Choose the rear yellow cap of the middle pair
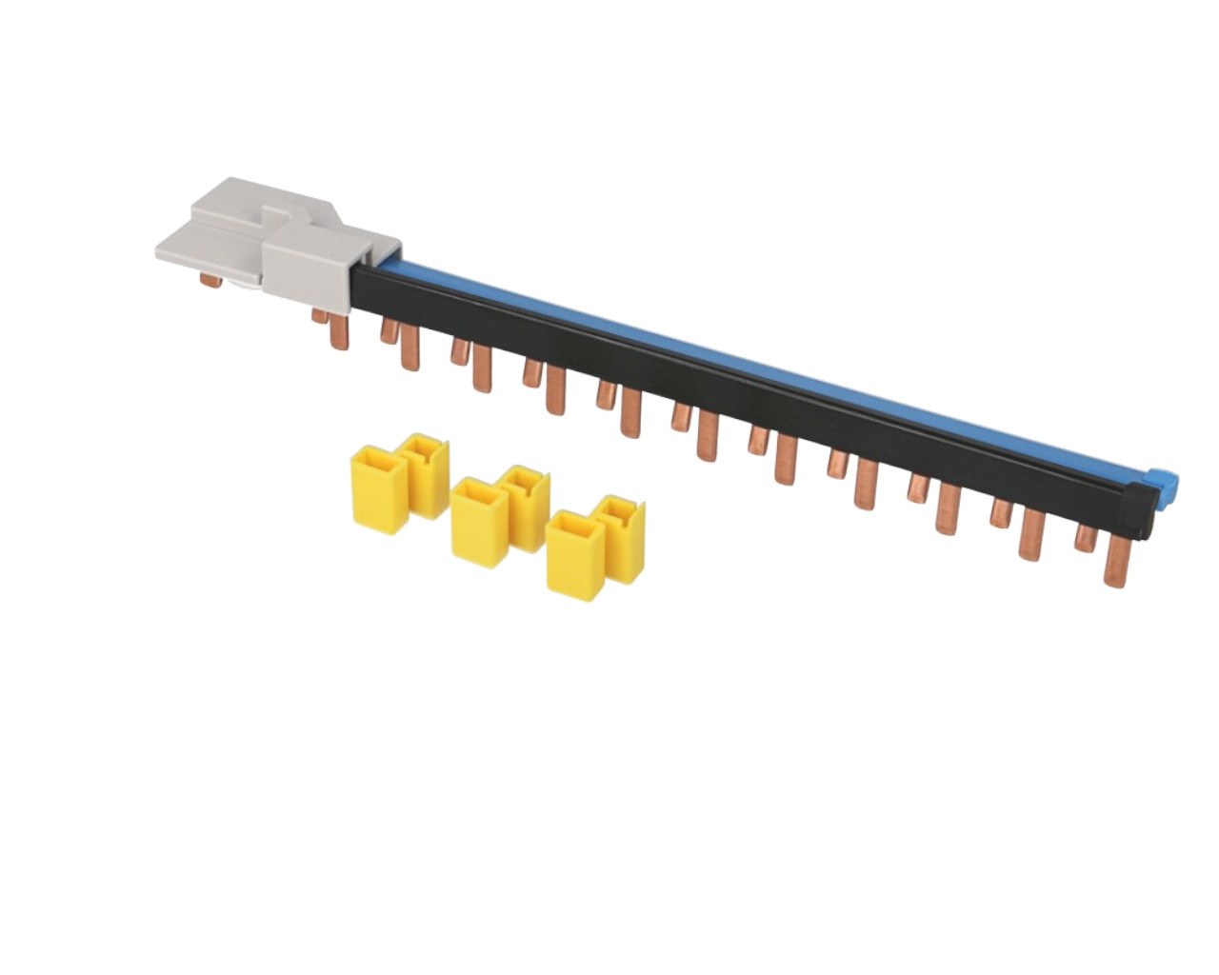coord(527,506)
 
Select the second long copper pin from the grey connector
coord(410,348)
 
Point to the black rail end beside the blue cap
coord(1135,505)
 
